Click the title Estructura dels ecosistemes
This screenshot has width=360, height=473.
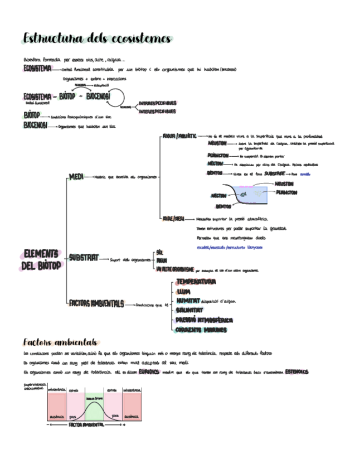click(x=97, y=38)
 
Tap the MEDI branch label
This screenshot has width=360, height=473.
click(x=76, y=177)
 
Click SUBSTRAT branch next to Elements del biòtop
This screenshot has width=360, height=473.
click(x=84, y=258)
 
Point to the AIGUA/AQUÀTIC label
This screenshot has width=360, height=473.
click(x=178, y=136)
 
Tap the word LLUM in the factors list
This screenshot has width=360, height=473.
click(x=183, y=291)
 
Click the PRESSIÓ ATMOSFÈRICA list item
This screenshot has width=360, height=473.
click(x=204, y=320)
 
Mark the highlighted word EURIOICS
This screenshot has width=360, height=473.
click(x=149, y=371)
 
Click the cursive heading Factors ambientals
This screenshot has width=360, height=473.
click(x=60, y=342)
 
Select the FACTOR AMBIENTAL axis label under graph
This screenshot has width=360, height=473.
click(x=86, y=424)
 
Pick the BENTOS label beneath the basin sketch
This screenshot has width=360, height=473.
click(x=223, y=206)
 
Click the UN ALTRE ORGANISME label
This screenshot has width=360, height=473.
click(x=175, y=269)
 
